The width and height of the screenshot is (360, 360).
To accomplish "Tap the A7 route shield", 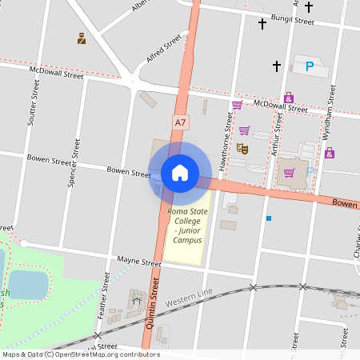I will click(x=182, y=122).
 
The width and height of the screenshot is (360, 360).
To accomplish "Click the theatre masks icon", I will click(x=242, y=148).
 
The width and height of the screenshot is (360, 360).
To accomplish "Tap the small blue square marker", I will click(x=269, y=218).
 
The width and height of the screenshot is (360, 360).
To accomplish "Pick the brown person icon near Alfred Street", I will click(x=82, y=38).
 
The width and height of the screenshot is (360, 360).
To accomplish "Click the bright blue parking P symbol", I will click(x=310, y=66).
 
